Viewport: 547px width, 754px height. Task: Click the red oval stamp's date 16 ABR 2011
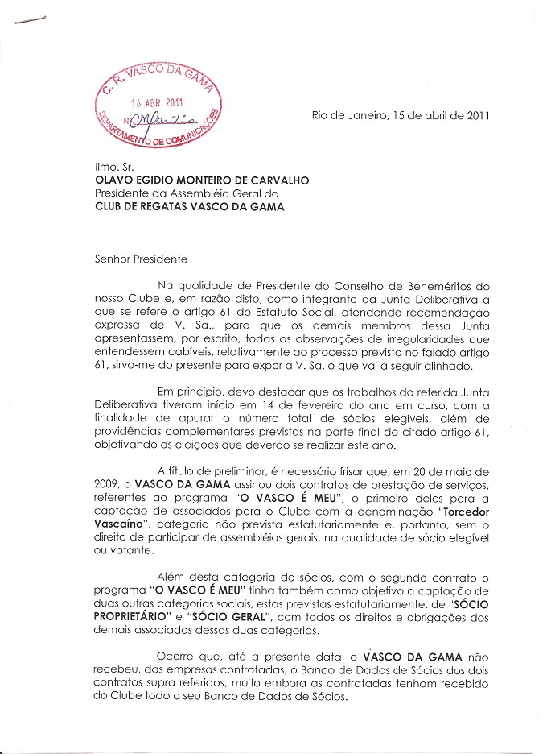click(158, 103)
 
